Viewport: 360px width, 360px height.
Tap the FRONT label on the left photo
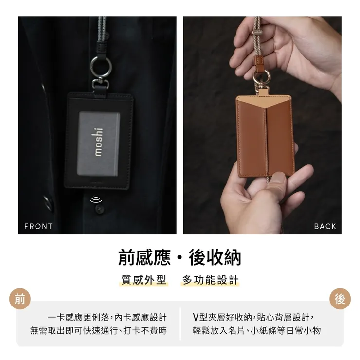pos(38,226)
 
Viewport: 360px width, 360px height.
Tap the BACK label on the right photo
pos(325,226)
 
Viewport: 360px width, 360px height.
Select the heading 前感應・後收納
pos(180,257)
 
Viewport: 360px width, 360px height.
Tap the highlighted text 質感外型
pos(144,280)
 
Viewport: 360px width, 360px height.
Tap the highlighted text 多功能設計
pos(211,280)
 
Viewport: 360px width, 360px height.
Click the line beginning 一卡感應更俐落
pos(107,317)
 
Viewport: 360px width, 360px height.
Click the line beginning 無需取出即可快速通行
pos(98,331)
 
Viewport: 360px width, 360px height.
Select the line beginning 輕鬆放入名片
pos(257,331)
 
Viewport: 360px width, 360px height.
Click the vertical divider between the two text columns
pos(180,324)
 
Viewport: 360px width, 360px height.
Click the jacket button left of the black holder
pos(48,202)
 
